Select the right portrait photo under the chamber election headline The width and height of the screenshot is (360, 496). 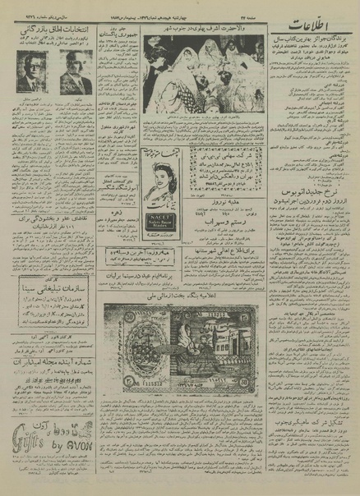76,72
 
